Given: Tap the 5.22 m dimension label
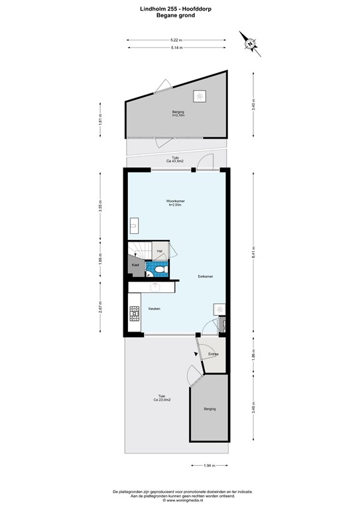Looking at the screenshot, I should [176, 40].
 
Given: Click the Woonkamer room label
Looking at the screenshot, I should [175, 202].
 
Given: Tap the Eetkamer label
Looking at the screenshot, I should [205, 276].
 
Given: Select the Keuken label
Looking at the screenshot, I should [154, 308].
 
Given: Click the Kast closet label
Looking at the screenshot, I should [135, 265].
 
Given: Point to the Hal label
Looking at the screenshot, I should [160, 251].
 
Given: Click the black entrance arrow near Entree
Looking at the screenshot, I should [195, 355].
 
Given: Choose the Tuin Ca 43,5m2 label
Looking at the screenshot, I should [175, 160].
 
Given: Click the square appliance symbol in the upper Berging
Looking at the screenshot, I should [198, 97].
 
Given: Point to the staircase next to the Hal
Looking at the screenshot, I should [140, 249].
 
